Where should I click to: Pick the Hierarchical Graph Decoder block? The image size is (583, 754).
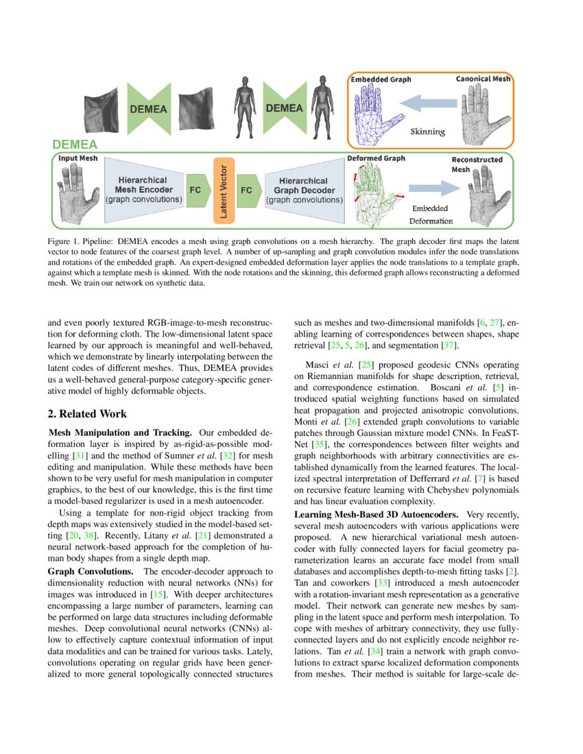coord(304,190)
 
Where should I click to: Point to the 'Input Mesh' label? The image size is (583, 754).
coord(78,158)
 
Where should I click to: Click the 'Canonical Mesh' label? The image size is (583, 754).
coord(483,80)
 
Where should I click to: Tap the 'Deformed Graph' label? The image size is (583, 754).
coord(376,158)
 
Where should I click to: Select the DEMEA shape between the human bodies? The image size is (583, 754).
coord(283,108)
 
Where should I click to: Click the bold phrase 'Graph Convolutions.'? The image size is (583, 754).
coord(91,571)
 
